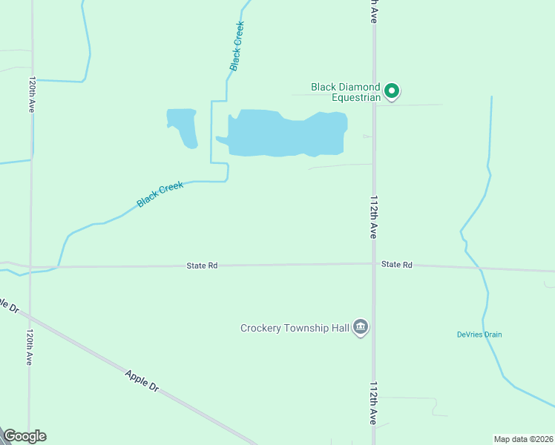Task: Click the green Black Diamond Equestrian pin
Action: point(392,92)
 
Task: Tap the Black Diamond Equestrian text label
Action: point(346,92)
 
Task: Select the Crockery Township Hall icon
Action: point(361,327)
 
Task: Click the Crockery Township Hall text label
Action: point(295,327)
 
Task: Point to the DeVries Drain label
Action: point(479,334)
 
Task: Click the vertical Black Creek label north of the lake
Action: point(237,46)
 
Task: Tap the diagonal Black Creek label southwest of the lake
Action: point(160,195)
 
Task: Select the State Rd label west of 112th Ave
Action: point(202,265)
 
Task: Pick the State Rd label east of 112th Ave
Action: point(396,264)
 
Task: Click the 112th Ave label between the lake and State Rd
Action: point(374,217)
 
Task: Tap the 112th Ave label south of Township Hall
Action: point(374,403)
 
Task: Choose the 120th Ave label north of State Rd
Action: point(32,93)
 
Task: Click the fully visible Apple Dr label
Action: point(142,381)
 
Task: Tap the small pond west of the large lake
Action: point(183,125)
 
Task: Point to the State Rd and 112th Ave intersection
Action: point(373,263)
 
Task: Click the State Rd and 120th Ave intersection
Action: point(31,266)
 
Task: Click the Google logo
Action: point(24,436)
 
